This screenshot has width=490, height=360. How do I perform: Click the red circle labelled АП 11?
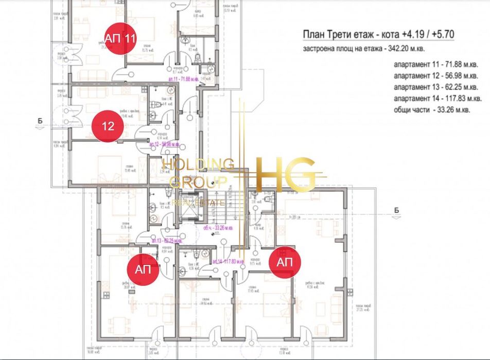pyautogui.click(x=120, y=38)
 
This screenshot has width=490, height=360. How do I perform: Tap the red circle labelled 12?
pyautogui.click(x=108, y=126)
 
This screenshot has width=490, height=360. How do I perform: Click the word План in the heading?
pyautogui.click(x=312, y=35)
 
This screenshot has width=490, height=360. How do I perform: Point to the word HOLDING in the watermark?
pyautogui.click(x=198, y=165)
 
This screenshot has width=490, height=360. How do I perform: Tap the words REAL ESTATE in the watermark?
pyautogui.click(x=198, y=203)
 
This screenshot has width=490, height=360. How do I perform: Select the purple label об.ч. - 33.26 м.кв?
pyautogui.click(x=215, y=228)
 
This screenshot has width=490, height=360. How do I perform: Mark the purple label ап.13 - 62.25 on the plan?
pyautogui.click(x=166, y=240)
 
